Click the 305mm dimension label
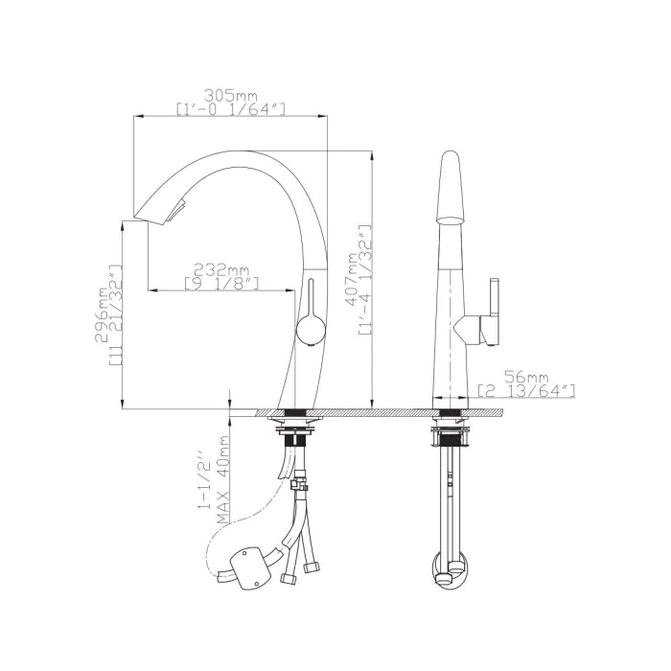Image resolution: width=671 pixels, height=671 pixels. coord(231,95)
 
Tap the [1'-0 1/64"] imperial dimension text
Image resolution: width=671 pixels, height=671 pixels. coord(231,108)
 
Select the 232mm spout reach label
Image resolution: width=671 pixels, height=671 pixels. coord(221,270)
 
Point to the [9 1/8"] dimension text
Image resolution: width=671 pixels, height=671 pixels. coord(221,283)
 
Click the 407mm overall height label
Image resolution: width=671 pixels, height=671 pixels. coord(352,279)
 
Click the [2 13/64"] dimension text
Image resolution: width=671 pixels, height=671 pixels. coord(526,391)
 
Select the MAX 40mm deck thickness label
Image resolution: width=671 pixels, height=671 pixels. coord(222,479)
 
